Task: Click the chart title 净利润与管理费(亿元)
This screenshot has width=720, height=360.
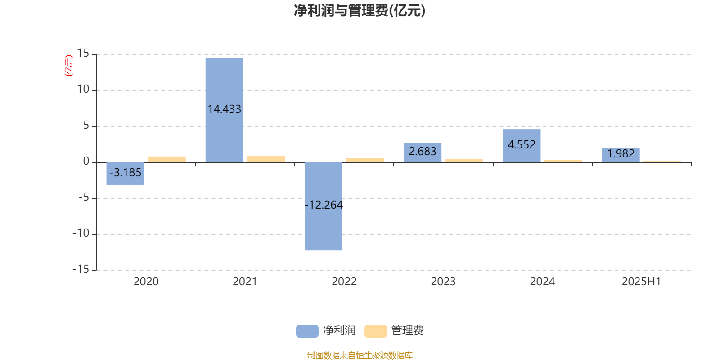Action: pos(360,11)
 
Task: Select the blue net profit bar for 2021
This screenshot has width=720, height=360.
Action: pos(225,110)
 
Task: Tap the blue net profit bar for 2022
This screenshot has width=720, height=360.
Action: pos(324,206)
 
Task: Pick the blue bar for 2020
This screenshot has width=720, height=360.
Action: pos(126,174)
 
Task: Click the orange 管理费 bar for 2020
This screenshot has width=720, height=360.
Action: pos(167,159)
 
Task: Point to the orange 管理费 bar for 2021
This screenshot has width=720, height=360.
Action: pos(266,159)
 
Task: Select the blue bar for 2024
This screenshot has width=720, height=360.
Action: pos(522,146)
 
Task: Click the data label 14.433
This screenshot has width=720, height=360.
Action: pos(225,109)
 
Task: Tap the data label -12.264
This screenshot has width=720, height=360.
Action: pos(324,205)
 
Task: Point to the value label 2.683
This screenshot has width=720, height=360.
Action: pos(423,151)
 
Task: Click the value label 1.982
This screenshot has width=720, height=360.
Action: pos(621,153)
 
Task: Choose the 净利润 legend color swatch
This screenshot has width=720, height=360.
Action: pos(307,331)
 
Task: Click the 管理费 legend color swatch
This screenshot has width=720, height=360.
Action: pos(375,331)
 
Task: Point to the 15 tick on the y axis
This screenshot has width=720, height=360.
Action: pos(83,54)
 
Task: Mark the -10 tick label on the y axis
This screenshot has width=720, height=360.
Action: pos(81,234)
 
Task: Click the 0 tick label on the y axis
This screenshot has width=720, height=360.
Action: pos(86,161)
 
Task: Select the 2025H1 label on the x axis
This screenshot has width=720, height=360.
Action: pos(641,282)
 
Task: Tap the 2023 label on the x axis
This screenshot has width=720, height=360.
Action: pos(443,282)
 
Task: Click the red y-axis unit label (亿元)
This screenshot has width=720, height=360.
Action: pos(69,66)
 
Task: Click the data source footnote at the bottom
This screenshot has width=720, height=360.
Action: pos(360,355)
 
